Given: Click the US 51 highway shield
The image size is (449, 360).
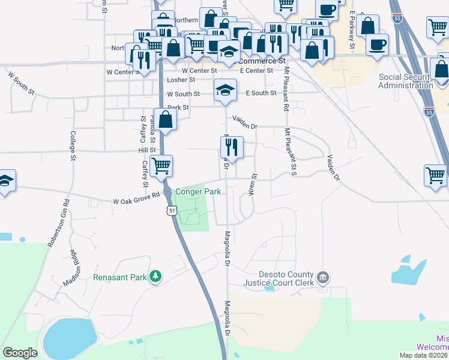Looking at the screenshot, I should [172, 210].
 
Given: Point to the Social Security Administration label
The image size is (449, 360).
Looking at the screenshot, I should [406, 81].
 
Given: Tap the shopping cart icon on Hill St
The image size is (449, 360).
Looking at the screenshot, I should [160, 165].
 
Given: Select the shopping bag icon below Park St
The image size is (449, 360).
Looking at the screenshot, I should [166, 119].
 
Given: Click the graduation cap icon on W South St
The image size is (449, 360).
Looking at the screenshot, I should [225, 91].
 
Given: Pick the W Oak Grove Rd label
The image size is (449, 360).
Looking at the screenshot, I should [136, 199].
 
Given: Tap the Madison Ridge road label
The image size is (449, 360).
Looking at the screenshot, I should [71, 268].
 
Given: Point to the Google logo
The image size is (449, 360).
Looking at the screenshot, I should [20, 353].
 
